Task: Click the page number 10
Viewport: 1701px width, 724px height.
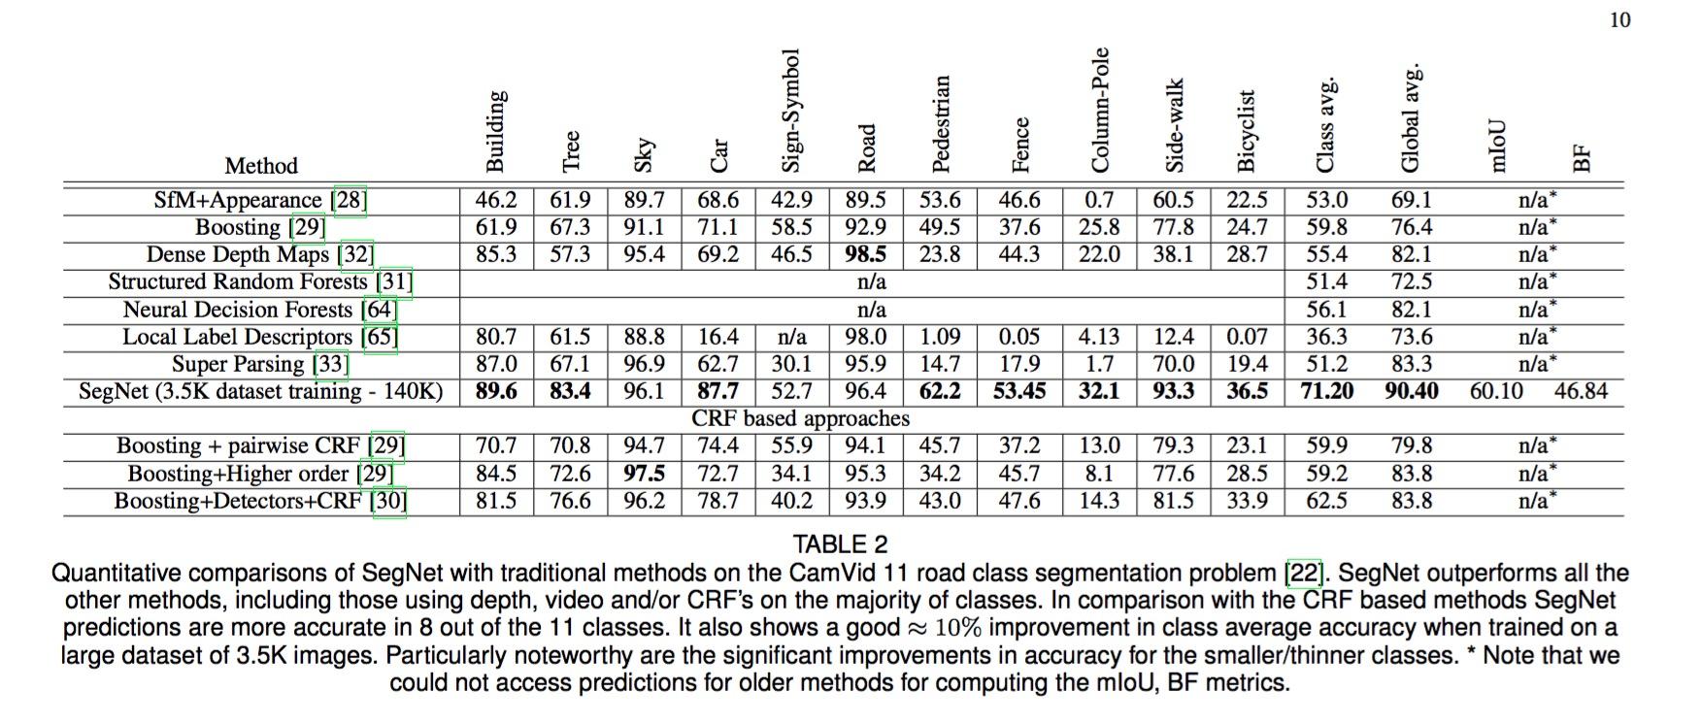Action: tap(1619, 20)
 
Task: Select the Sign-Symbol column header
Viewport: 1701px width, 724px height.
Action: tap(790, 111)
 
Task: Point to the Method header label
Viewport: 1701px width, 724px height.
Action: tap(261, 166)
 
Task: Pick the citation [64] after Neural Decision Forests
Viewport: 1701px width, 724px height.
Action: tap(379, 310)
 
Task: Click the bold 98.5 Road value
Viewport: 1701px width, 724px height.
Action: tap(865, 254)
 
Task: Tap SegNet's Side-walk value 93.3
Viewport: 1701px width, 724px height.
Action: tap(1173, 391)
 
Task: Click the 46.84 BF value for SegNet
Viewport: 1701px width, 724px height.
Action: tap(1581, 391)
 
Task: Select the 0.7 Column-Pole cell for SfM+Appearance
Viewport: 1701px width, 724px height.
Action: tap(1099, 200)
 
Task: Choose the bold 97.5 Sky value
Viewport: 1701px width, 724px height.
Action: tap(645, 474)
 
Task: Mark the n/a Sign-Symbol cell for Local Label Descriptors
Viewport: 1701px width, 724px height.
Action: tap(791, 337)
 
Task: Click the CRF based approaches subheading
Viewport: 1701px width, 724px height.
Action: tap(800, 418)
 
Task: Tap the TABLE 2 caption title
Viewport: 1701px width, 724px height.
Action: tap(840, 544)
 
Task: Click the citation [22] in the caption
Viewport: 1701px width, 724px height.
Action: tap(1303, 574)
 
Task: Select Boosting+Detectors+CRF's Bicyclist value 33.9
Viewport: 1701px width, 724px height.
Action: tap(1247, 501)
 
